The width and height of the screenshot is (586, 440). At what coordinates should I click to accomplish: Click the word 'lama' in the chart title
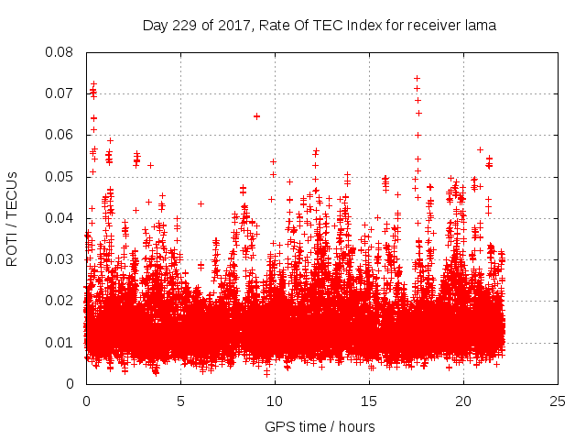point(481,26)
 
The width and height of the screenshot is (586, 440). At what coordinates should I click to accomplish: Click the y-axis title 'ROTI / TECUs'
point(13,218)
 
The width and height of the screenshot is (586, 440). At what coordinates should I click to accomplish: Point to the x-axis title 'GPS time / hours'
point(320,426)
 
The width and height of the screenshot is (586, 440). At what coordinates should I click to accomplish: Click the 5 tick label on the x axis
point(180,401)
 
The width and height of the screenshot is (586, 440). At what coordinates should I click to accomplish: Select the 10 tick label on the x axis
point(275,401)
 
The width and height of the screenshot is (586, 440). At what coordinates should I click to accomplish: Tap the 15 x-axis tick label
point(369,401)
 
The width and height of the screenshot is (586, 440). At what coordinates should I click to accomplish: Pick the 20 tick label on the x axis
point(463,401)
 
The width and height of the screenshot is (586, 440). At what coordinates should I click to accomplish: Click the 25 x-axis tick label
point(558,401)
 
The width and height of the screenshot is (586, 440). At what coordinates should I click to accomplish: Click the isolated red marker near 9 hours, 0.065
point(257,116)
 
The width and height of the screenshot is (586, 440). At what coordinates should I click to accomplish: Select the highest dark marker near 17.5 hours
point(418,79)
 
